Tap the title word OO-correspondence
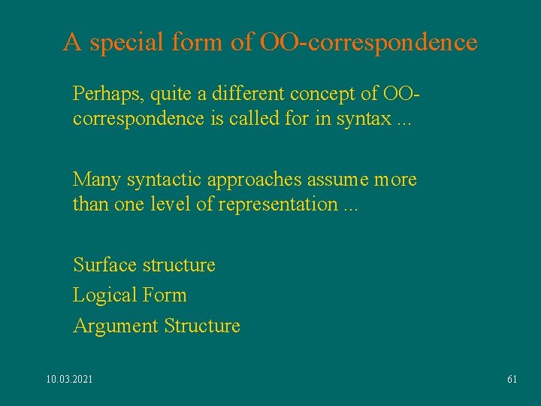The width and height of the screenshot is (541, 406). point(368,42)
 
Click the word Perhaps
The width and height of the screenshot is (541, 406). point(108,95)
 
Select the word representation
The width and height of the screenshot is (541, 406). point(278,204)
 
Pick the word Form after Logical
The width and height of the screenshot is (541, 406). point(164,295)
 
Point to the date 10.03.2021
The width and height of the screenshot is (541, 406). point(70,379)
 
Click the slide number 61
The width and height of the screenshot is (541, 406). point(512,379)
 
